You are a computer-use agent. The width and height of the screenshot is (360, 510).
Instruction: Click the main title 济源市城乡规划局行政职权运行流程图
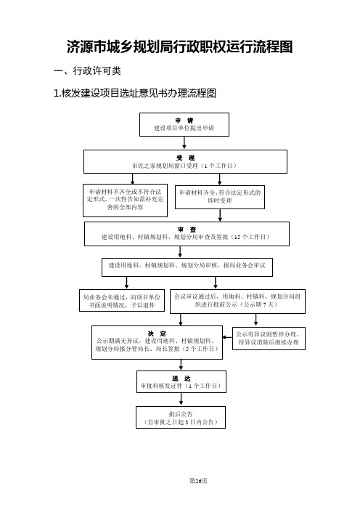(x=180, y=46)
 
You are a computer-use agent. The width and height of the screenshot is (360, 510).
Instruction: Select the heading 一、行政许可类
(x=87, y=70)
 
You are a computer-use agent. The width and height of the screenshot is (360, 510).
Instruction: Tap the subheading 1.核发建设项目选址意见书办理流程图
(x=135, y=93)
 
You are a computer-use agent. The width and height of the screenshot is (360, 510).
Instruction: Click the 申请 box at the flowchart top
(x=184, y=124)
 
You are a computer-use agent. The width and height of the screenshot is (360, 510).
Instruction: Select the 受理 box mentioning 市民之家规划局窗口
(x=185, y=162)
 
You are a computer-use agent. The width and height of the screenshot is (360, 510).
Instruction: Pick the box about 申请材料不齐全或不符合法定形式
(x=125, y=201)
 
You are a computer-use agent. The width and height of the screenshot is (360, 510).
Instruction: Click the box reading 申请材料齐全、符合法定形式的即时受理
(x=220, y=197)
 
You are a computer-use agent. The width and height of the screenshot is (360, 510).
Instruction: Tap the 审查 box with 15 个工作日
(x=187, y=234)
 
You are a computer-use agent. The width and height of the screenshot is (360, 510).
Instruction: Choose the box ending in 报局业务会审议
(x=187, y=267)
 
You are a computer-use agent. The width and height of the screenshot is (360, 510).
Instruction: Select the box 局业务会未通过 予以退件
(x=122, y=301)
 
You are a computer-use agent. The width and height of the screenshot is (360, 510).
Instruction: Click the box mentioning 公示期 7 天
(x=237, y=301)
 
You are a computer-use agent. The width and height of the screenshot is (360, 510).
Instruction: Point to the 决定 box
(x=157, y=342)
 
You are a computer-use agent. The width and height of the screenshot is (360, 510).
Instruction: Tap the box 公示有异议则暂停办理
(x=269, y=339)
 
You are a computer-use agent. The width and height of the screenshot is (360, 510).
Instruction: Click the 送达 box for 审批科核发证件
(x=181, y=382)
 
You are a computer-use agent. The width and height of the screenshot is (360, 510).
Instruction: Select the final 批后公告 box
(x=181, y=417)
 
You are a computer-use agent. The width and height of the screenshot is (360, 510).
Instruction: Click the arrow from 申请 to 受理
(x=184, y=143)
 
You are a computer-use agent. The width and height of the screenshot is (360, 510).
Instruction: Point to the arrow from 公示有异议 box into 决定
(x=227, y=337)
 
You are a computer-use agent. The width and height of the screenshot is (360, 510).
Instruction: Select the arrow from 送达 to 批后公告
(x=181, y=400)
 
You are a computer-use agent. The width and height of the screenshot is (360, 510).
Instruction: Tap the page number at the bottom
(x=198, y=481)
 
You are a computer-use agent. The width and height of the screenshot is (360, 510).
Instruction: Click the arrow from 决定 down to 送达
(x=181, y=365)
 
